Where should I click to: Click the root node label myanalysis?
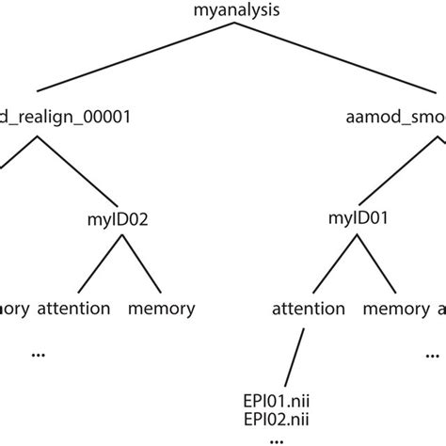coord(222,13)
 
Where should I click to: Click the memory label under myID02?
coord(161,308)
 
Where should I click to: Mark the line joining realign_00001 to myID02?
coord(77,171)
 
